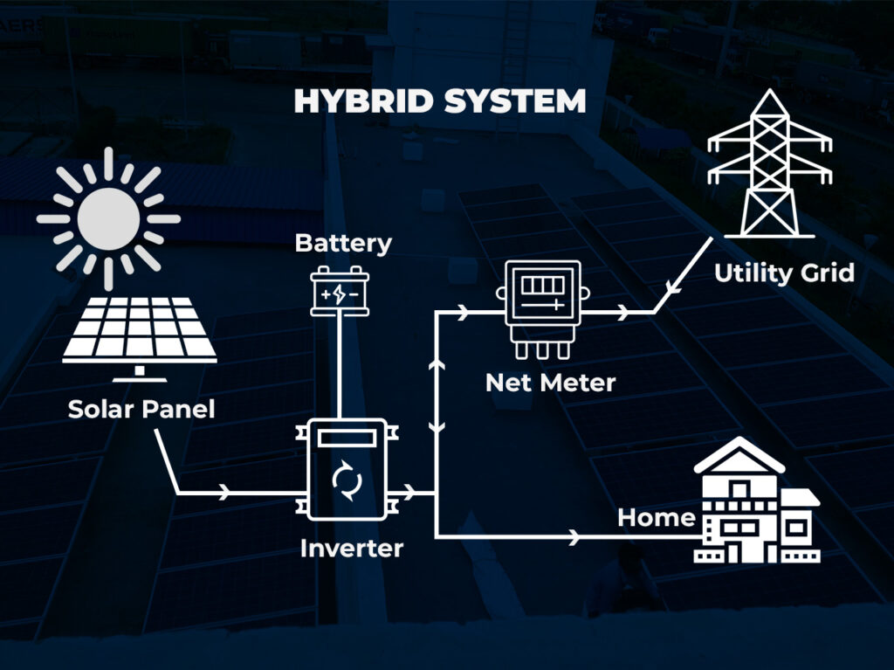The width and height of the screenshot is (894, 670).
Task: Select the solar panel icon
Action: [x=140, y=332]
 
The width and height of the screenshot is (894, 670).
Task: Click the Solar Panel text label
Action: [x=141, y=409]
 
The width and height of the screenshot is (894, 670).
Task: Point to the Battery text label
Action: [x=343, y=243]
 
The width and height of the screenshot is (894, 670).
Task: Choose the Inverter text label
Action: [x=352, y=549]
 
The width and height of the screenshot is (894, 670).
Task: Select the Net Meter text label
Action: [x=550, y=383]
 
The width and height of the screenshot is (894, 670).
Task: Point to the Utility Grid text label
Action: [x=784, y=273]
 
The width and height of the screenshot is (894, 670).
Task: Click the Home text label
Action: [x=656, y=518]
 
